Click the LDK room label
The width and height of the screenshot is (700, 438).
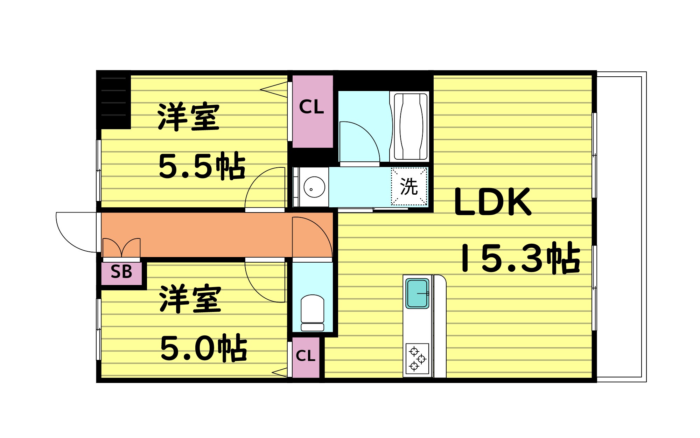(492, 202)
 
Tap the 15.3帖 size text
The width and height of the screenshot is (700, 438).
(520, 258)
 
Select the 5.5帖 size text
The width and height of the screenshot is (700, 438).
(202, 166)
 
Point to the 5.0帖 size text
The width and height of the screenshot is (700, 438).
(203, 348)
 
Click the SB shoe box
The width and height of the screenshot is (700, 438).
(121, 272)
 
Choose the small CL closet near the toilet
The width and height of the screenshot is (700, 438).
(306, 356)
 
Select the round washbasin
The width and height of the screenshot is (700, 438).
(314, 187)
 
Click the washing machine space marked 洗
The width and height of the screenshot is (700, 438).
(409, 186)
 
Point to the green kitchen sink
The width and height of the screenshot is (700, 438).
(417, 293)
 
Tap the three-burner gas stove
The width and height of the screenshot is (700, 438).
(417, 359)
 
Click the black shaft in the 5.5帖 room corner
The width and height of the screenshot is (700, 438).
(114, 100)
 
